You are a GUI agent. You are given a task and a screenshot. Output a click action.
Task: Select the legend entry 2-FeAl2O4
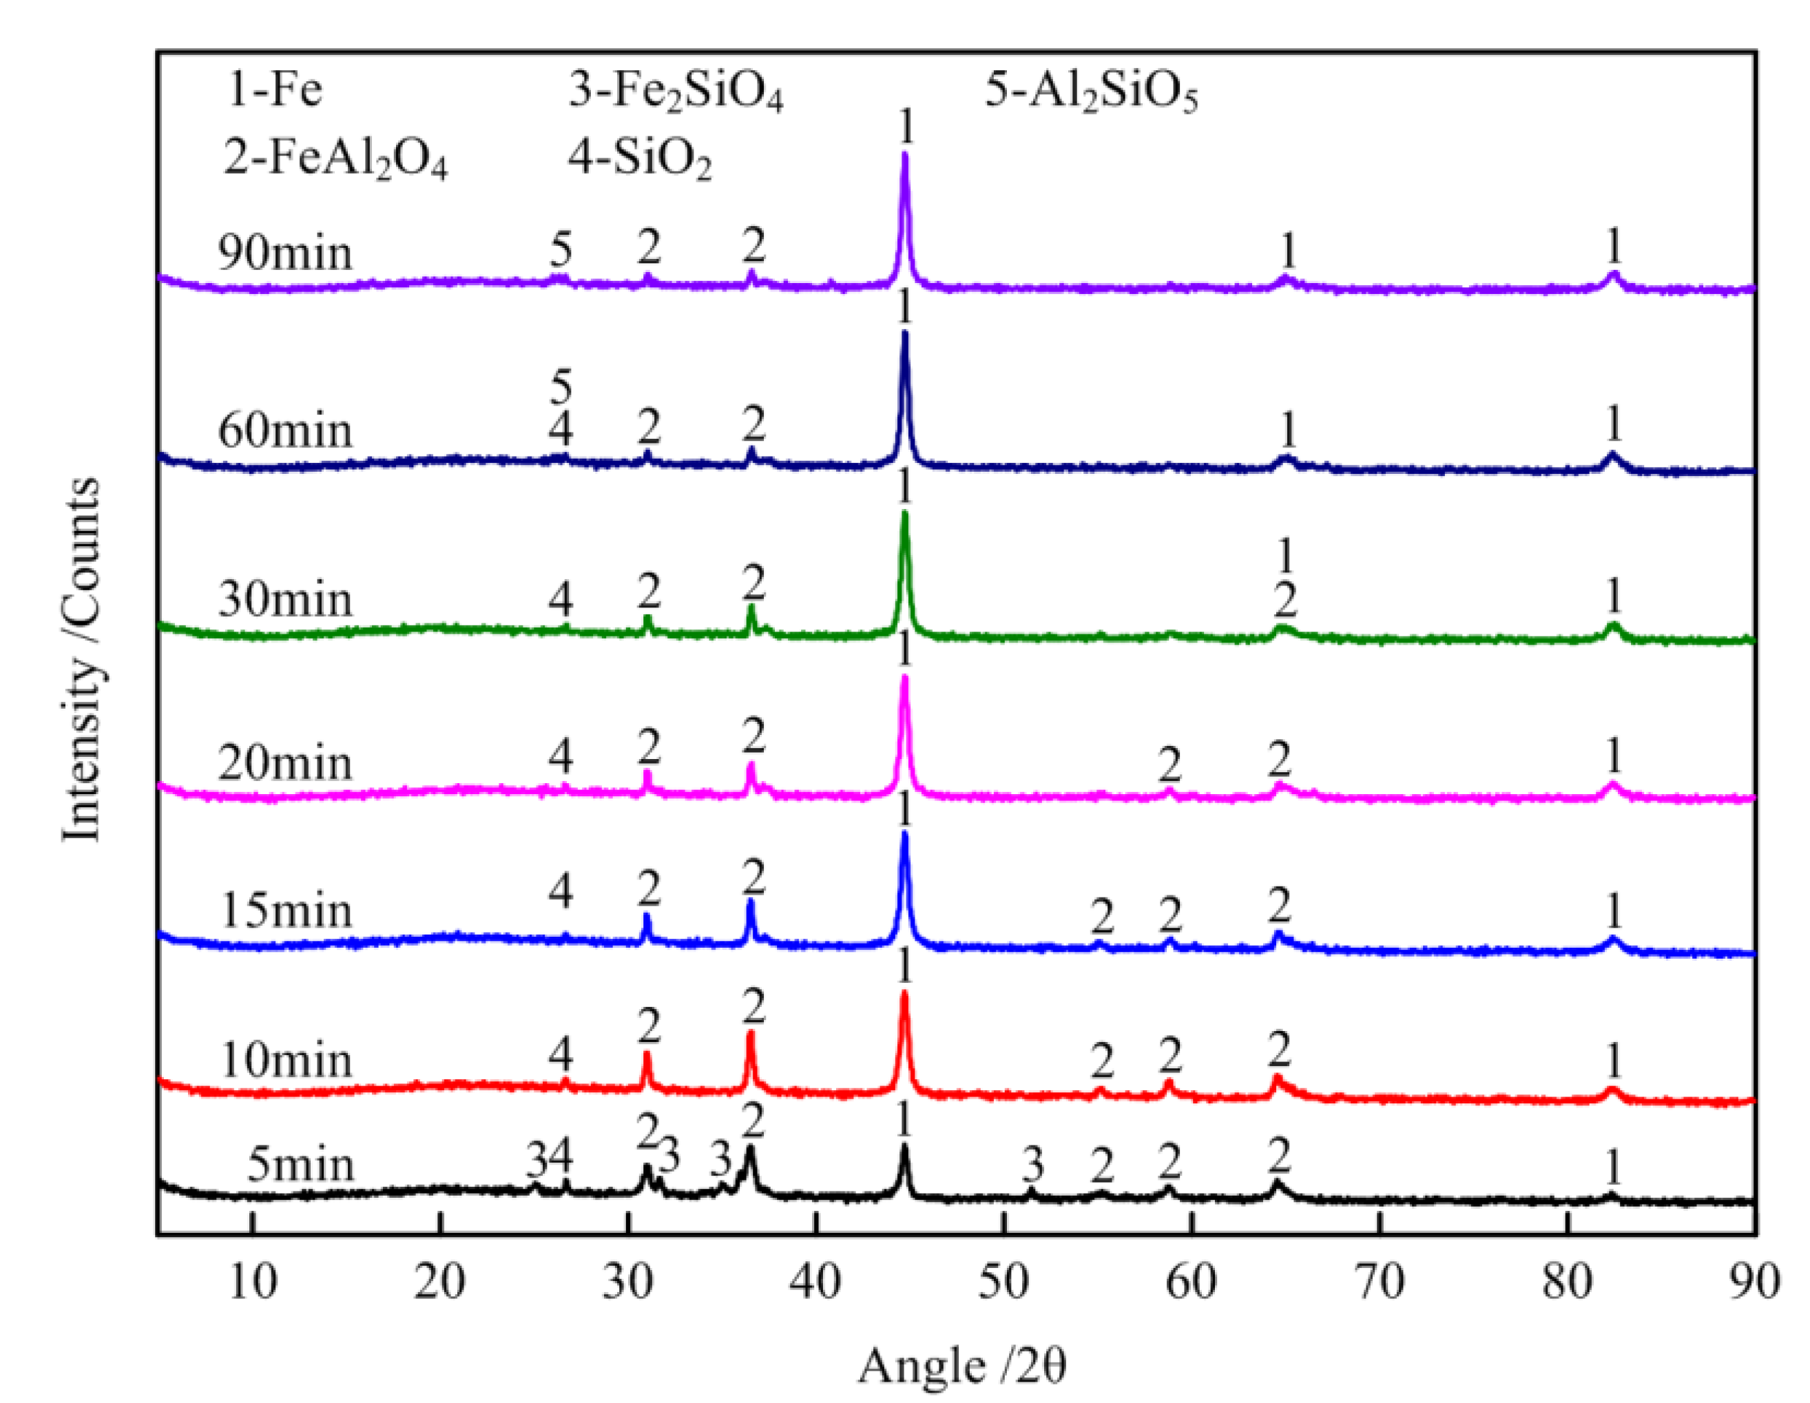(x=335, y=160)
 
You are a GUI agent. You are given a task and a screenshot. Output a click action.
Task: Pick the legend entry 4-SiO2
(x=639, y=160)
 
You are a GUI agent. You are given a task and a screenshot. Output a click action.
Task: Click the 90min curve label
(x=284, y=253)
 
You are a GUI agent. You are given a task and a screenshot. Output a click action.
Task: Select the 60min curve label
(x=284, y=432)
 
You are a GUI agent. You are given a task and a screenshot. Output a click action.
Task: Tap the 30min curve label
(x=284, y=599)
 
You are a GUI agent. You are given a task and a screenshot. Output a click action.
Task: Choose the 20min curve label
(x=284, y=763)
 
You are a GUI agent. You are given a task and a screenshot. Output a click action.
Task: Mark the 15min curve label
(x=286, y=912)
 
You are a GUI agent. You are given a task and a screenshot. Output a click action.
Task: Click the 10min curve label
(x=286, y=1061)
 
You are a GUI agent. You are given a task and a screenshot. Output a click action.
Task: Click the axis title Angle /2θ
(x=961, y=1366)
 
